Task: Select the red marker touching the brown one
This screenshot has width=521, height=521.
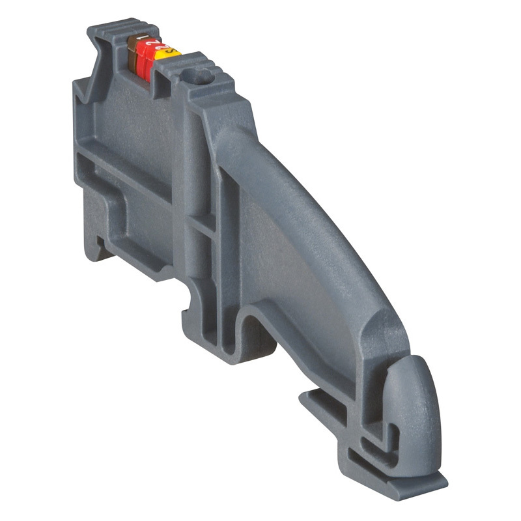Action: click(x=145, y=59)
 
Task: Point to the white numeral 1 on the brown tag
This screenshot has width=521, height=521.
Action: click(x=138, y=40)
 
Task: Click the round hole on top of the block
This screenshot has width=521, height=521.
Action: click(x=200, y=77)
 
